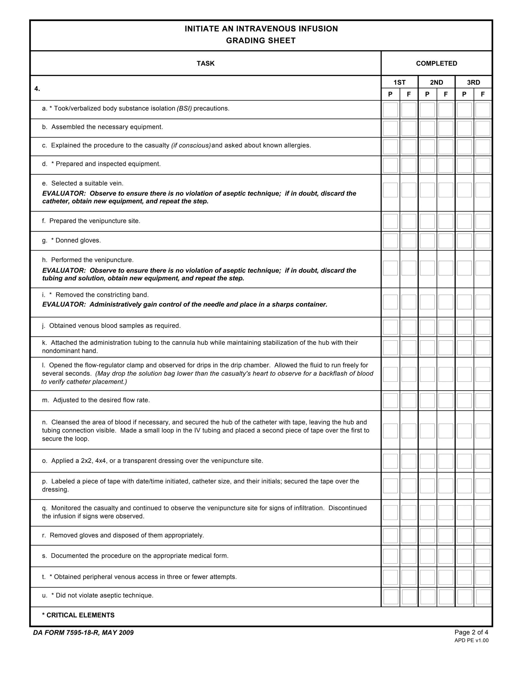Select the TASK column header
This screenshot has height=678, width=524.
coord(205,63)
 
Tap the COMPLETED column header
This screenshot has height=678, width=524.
coord(436,63)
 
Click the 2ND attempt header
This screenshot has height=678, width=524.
coord(436,82)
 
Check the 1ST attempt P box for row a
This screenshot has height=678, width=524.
coord(390,110)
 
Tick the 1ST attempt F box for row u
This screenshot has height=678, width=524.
coord(409,597)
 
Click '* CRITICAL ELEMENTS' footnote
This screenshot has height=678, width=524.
coord(78,615)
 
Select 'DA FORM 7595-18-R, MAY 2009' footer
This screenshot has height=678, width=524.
coord(83,633)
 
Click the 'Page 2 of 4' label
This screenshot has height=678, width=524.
coord(471,632)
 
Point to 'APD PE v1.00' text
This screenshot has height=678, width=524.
coord(471,640)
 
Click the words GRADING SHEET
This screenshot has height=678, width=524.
coord(261,41)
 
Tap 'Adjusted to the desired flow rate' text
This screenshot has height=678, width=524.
coord(101,400)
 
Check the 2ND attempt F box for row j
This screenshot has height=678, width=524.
coord(446,327)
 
